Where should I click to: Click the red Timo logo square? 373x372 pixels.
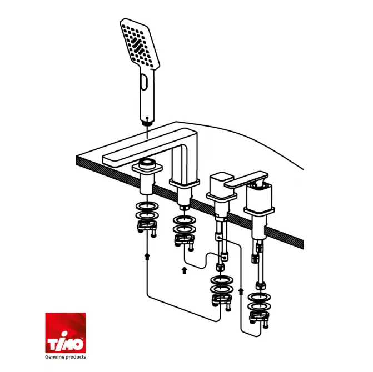[66, 333]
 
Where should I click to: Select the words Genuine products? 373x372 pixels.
[66, 357]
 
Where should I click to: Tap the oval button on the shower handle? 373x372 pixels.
[144, 82]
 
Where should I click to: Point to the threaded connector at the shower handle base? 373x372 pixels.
[147, 123]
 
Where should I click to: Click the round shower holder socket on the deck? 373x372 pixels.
[147, 163]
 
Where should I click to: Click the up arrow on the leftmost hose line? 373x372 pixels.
[147, 257]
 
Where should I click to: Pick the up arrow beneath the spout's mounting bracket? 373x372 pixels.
[185, 270]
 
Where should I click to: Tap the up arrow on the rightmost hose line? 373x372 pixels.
[241, 291]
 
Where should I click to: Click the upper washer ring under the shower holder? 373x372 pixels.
[147, 206]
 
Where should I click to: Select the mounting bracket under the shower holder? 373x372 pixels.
[147, 228]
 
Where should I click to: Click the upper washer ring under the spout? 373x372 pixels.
[185, 220]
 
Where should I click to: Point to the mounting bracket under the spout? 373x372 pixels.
[185, 242]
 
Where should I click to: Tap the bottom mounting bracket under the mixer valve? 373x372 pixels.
[259, 319]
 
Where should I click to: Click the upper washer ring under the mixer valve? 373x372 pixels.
[259, 298]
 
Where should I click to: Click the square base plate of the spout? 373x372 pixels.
[185, 183]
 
